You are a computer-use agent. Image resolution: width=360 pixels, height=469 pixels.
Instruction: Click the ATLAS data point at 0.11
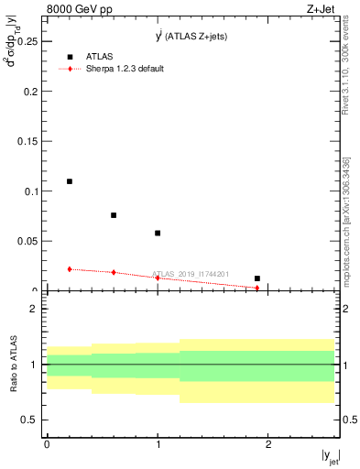(70, 181)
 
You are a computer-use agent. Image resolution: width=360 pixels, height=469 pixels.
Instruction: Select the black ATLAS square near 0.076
(114, 215)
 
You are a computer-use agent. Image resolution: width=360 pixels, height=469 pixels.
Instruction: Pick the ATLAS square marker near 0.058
(158, 233)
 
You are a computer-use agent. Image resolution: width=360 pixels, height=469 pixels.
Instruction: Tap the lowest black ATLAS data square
(257, 278)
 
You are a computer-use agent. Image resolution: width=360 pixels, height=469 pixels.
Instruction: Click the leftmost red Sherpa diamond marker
(70, 269)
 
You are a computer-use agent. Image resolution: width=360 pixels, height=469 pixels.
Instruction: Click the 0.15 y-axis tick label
(27, 142)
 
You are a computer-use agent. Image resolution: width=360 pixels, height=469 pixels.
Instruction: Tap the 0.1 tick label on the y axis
(30, 191)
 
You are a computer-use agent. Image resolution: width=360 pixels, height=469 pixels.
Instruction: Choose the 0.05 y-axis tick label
(27, 241)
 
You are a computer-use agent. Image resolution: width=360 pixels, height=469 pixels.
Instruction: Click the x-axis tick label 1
(158, 443)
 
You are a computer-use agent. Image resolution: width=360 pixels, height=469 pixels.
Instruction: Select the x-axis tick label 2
(268, 443)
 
